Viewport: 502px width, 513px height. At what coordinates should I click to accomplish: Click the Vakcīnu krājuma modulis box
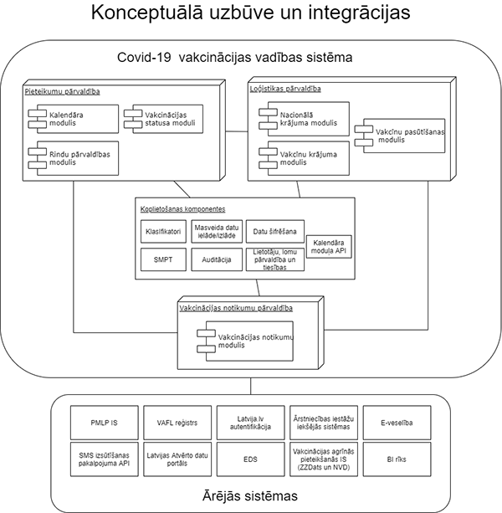pos(303,156)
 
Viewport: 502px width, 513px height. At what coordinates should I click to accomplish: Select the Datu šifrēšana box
pos(277,229)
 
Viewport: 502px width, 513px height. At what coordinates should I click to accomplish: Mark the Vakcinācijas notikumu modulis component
pos(247,340)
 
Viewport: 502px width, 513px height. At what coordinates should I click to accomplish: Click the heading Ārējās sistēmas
pos(250,495)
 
